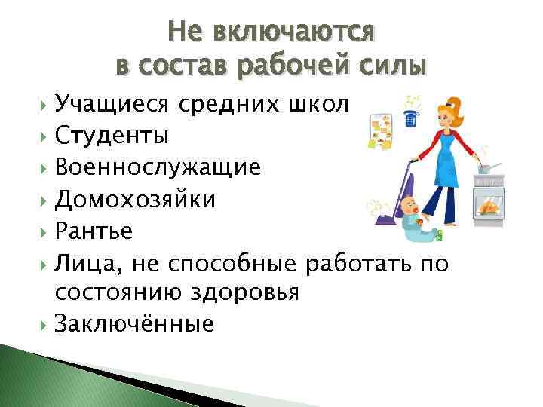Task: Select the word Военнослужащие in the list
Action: click(157, 168)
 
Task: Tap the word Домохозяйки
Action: click(134, 200)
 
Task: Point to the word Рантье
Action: click(93, 231)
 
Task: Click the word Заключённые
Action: click(133, 324)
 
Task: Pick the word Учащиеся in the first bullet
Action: click(112, 105)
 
